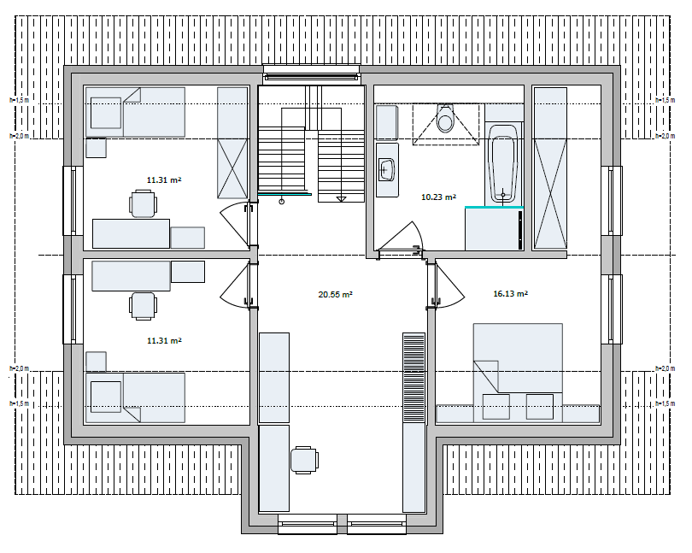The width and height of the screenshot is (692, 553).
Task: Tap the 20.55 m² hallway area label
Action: (x=336, y=294)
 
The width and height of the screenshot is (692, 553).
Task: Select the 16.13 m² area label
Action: (x=510, y=294)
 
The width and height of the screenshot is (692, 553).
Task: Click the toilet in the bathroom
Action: (x=444, y=120)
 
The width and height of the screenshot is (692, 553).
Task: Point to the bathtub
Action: (x=503, y=162)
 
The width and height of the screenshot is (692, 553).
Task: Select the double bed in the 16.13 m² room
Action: (x=518, y=368)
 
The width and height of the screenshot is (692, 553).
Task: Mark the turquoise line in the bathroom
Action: (x=494, y=207)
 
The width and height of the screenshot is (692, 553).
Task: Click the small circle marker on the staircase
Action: (x=282, y=202)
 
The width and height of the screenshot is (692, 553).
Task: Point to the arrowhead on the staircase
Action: (x=340, y=199)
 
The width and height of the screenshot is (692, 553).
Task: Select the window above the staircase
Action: (x=311, y=74)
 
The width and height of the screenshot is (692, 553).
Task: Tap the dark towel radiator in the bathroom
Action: (x=520, y=229)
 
